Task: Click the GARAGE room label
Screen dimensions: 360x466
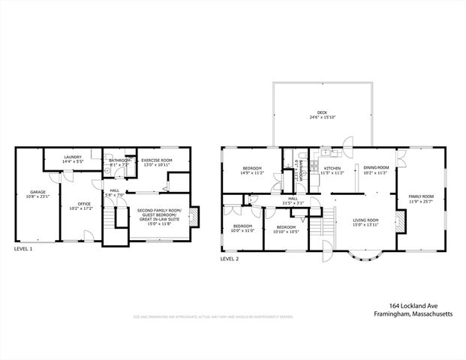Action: point(38,192)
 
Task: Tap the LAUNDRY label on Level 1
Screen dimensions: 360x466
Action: point(73,157)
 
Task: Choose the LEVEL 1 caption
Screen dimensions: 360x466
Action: point(23,248)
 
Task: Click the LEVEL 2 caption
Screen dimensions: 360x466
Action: point(230,259)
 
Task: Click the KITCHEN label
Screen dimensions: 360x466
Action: point(332,168)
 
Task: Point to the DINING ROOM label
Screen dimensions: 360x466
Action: point(376,167)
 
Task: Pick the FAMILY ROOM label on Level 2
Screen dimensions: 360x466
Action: point(420,196)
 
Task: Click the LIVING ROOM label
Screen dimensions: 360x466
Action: point(365,220)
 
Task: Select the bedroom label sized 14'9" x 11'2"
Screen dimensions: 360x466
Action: point(251,172)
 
